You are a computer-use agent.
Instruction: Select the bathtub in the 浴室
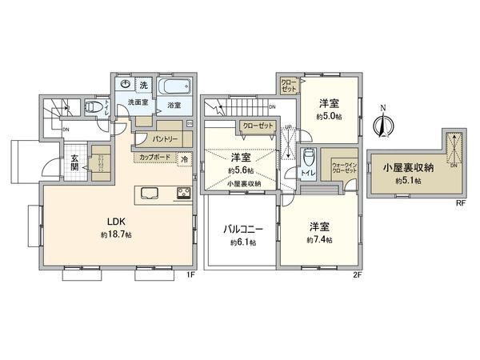click(173, 86)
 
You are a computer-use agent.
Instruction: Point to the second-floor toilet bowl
click(310, 157)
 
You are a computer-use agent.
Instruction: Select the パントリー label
click(165, 139)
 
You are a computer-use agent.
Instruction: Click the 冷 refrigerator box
click(185, 158)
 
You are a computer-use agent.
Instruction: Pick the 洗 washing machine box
click(144, 85)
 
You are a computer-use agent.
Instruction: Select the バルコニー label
click(242, 228)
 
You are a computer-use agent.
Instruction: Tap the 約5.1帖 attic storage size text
click(407, 181)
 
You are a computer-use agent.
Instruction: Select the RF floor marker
click(460, 204)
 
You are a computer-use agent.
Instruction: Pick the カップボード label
click(154, 158)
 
